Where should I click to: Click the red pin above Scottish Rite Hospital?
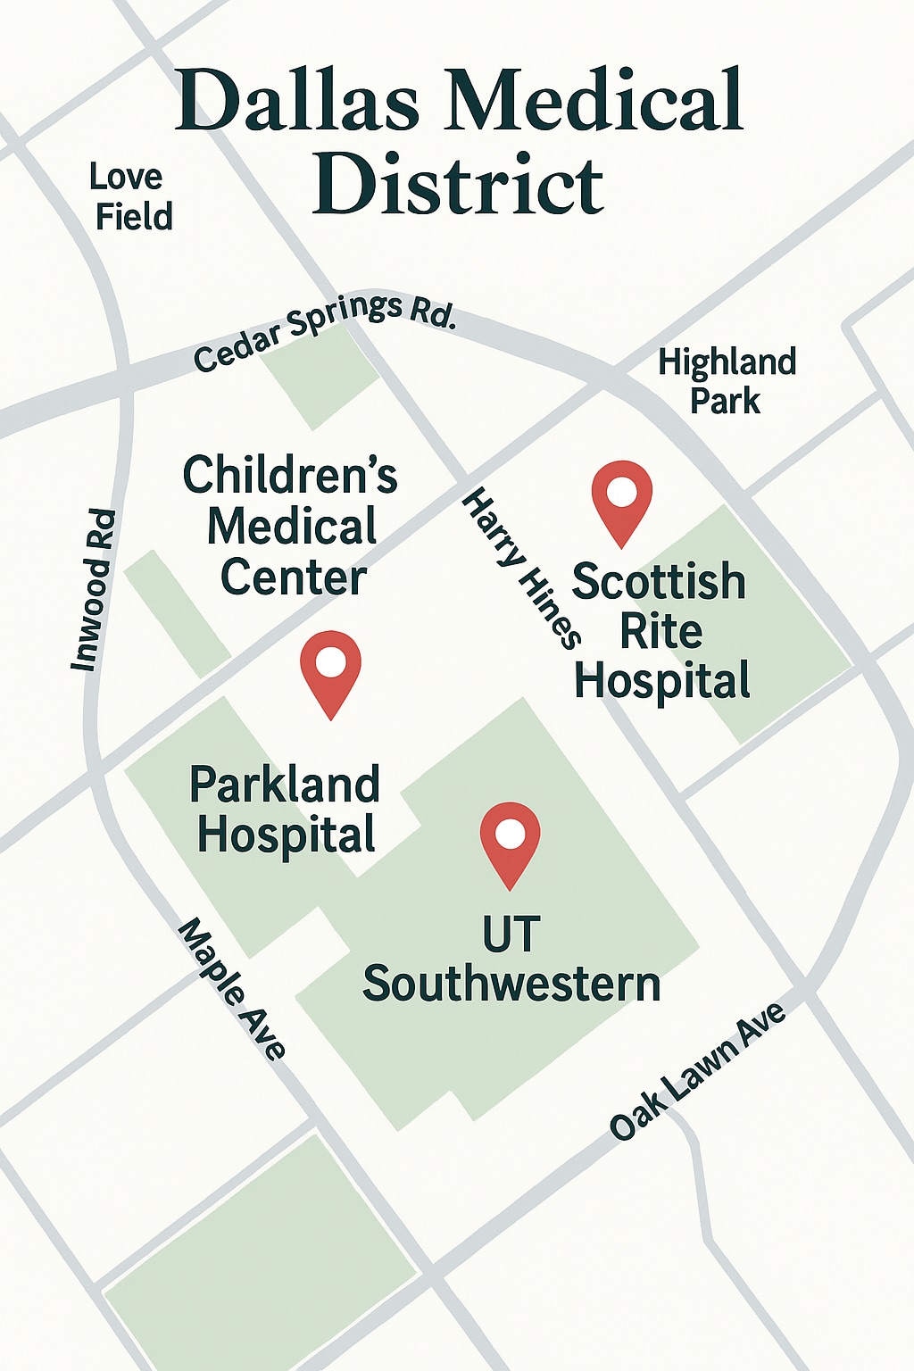[622, 495]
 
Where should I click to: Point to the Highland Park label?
[727, 381]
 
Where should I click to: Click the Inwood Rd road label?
[95, 590]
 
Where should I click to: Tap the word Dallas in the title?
[298, 100]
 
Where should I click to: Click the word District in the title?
[458, 185]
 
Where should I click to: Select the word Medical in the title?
[595, 100]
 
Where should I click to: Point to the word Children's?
[290, 474]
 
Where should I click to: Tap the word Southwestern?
[511, 984]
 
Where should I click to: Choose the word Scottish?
[659, 582]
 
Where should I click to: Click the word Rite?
[661, 632]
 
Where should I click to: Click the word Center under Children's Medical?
[294, 577]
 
